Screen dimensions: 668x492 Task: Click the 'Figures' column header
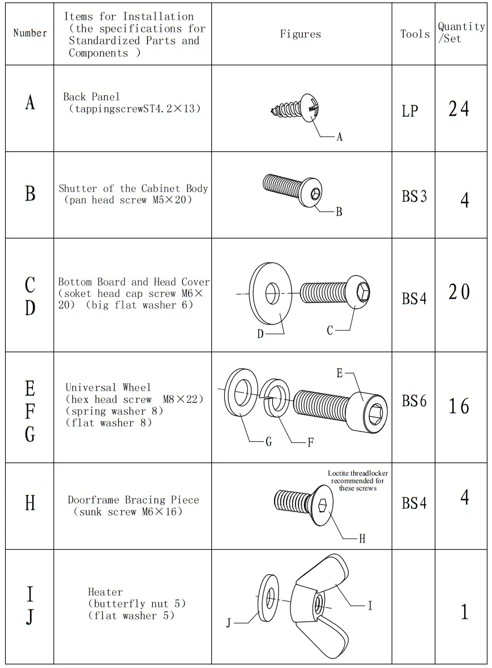click(300, 34)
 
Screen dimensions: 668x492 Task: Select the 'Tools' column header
click(415, 34)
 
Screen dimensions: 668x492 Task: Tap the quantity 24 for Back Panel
click(459, 108)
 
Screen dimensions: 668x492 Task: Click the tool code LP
click(409, 111)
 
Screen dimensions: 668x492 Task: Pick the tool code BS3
click(414, 197)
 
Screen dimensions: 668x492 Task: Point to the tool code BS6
click(414, 401)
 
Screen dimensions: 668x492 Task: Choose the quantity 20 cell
click(459, 292)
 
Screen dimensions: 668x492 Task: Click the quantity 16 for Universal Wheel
click(459, 406)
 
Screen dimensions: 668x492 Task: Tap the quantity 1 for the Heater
click(464, 612)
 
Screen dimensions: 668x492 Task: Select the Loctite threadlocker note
click(358, 480)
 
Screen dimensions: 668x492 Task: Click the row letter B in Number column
click(30, 194)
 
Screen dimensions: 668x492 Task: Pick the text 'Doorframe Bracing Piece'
click(134, 500)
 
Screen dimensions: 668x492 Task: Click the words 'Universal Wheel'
click(108, 388)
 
